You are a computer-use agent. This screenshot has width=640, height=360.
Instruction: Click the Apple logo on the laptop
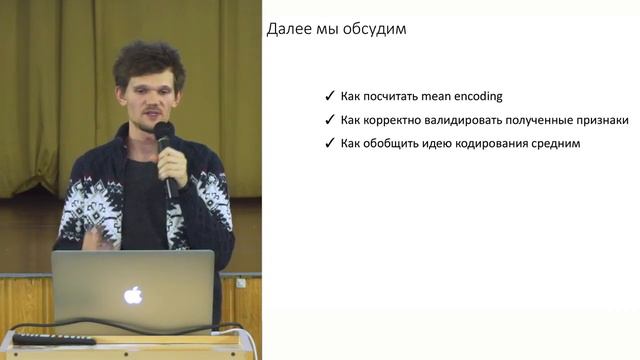133,294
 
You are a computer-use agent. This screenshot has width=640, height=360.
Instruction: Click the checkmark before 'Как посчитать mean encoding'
330,97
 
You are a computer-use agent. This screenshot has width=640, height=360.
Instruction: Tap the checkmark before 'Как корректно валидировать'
330,120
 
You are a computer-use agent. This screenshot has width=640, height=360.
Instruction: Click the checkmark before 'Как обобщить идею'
330,144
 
